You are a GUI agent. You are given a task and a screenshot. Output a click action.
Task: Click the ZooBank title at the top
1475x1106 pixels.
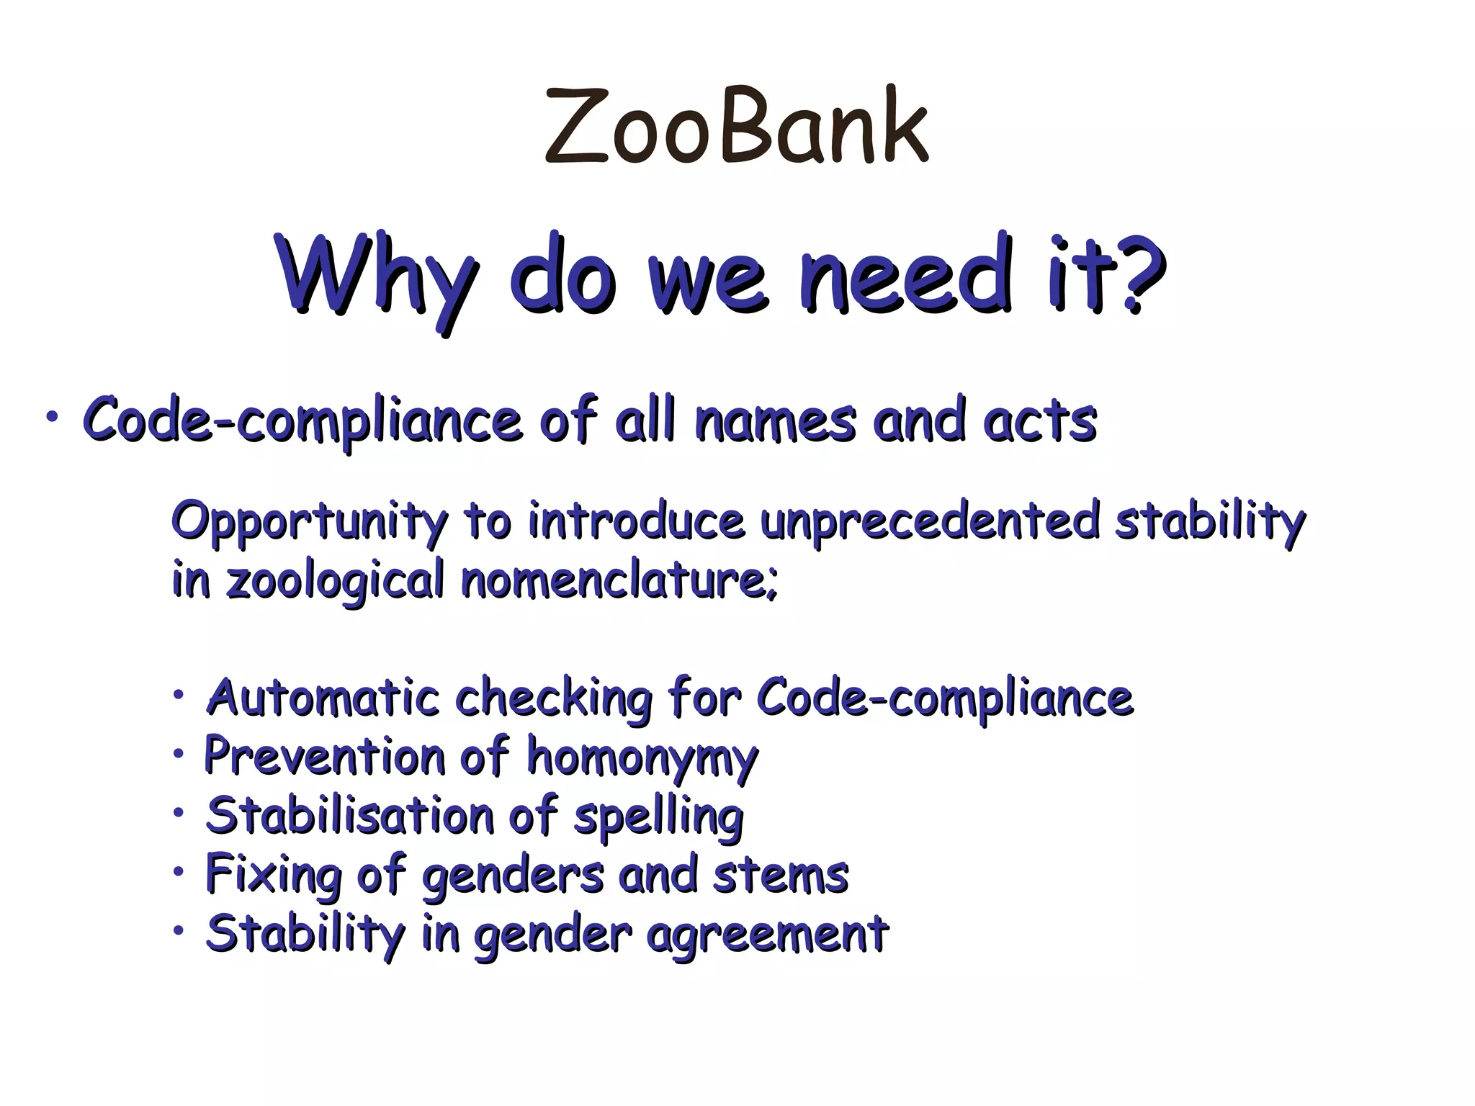[736, 127]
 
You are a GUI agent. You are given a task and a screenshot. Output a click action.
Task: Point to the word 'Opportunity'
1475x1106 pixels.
[310, 521]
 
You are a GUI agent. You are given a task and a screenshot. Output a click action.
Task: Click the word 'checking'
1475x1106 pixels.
[554, 698]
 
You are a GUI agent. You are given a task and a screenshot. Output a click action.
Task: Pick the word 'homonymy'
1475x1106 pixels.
[642, 758]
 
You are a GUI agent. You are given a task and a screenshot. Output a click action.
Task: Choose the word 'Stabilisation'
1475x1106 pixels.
[350, 816]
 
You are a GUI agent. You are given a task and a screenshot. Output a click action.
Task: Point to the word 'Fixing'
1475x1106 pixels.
[274, 876]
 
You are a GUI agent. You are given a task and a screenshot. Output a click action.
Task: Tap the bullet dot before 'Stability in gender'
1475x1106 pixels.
[178, 931]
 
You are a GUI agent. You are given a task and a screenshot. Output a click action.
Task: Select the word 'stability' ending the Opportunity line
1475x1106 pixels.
[1210, 521]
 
